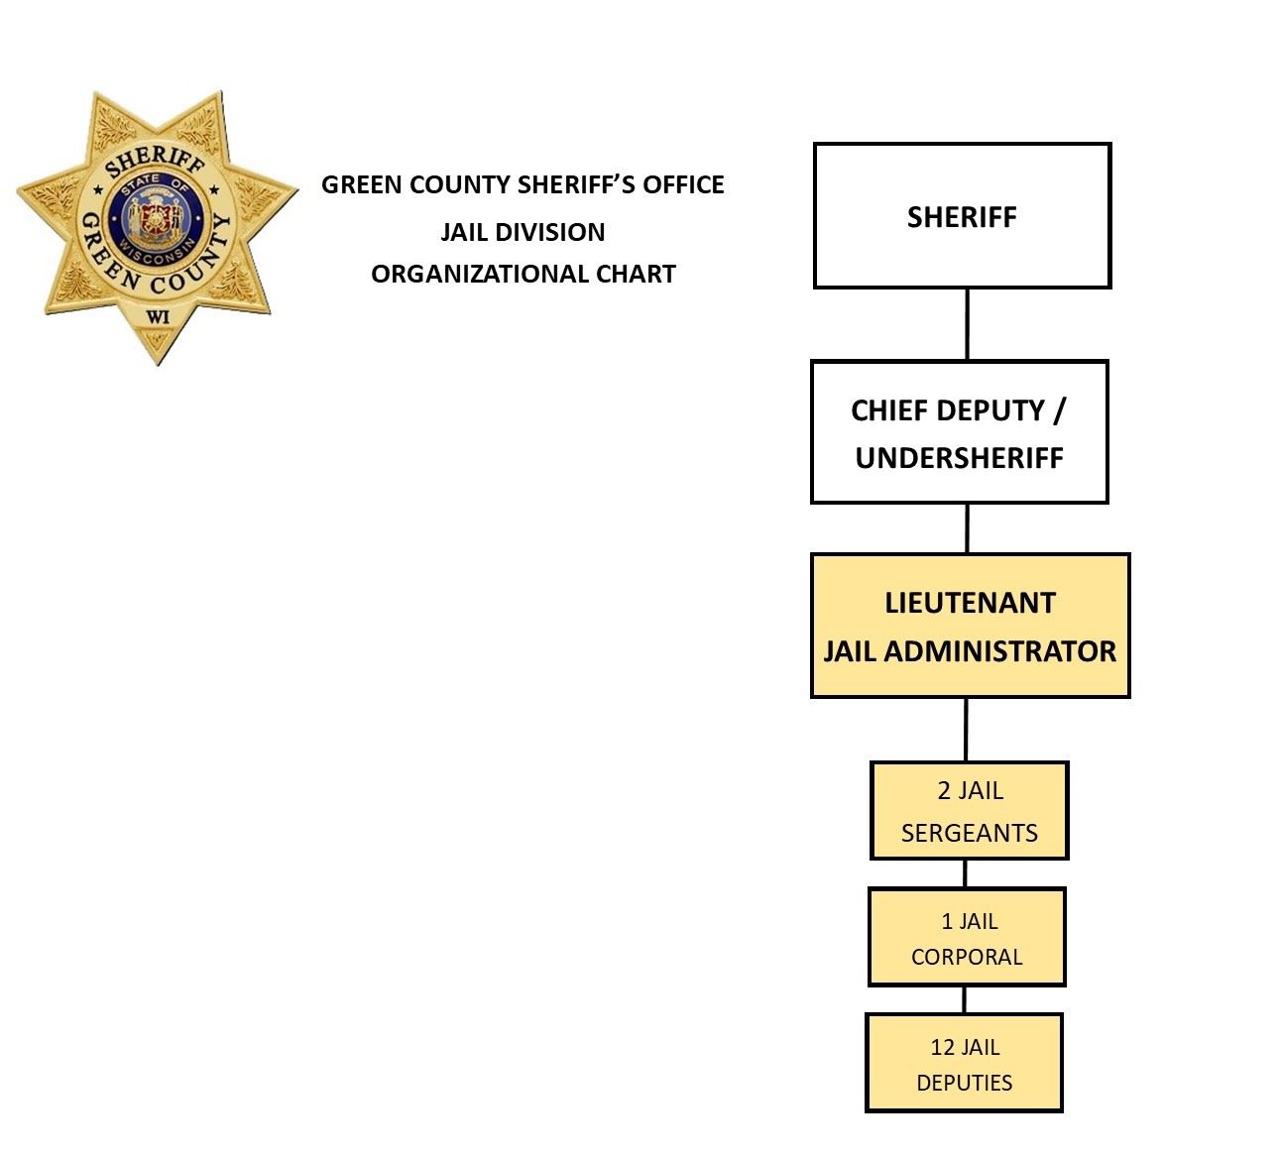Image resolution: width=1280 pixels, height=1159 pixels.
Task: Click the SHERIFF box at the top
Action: [962, 216]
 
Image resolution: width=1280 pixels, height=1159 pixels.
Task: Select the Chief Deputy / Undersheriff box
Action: [959, 432]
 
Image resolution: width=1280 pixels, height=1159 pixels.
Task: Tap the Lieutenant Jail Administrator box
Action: [970, 626]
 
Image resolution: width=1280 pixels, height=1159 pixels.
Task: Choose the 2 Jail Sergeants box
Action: [969, 810]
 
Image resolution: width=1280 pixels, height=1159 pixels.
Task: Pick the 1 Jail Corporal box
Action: [967, 937]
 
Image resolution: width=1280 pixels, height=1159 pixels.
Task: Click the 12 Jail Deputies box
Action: [964, 1063]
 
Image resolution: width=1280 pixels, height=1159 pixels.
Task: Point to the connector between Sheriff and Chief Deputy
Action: [967, 324]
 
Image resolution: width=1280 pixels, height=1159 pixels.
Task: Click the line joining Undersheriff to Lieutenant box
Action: [967, 528]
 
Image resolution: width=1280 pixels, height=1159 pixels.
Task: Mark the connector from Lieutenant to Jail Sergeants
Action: [966, 730]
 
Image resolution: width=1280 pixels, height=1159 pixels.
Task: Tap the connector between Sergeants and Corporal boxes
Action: [965, 873]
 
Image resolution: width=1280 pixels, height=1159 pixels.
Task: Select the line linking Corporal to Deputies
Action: [964, 999]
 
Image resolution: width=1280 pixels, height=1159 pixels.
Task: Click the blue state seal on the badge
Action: [156, 217]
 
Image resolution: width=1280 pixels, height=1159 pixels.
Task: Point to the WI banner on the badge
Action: [157, 317]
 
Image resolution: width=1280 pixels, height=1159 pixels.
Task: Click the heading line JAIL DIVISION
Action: [523, 232]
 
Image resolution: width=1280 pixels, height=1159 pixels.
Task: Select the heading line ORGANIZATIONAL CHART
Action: [523, 274]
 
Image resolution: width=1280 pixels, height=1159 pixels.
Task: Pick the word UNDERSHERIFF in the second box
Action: [959, 458]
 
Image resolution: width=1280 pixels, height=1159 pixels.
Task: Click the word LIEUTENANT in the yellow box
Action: [970, 603]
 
